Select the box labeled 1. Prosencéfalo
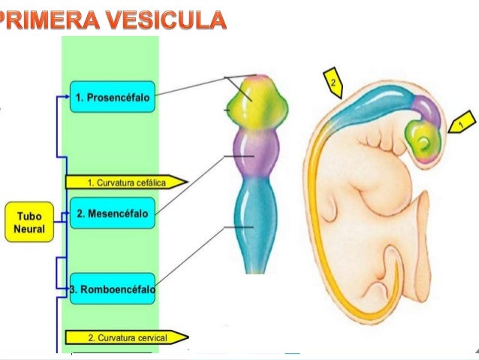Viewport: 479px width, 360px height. point(113,97)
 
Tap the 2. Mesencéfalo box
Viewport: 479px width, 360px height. point(113,213)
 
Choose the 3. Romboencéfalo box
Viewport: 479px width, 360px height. point(113,289)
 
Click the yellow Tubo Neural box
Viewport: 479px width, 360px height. point(30,222)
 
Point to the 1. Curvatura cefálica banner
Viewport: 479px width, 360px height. point(124,182)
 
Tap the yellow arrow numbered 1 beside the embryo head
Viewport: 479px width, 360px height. point(461,123)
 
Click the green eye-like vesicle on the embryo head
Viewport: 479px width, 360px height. point(421,140)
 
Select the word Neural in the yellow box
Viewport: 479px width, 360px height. point(30,229)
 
